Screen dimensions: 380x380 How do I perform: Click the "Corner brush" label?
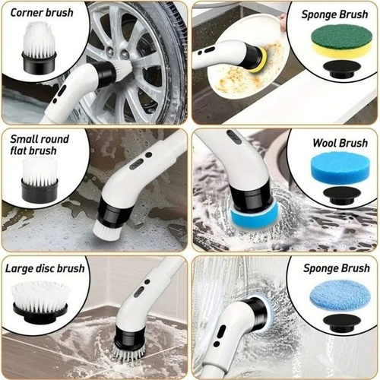pyautogui.click(x=42, y=13)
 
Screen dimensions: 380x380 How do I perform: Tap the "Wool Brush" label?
pyautogui.click(x=340, y=143)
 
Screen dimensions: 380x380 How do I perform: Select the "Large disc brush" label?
pyautogui.click(x=45, y=268)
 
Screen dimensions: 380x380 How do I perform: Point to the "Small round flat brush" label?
pyautogui.click(x=40, y=145)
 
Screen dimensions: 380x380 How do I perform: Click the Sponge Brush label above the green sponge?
pyautogui.click(x=334, y=14)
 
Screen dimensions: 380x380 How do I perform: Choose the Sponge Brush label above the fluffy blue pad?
pyautogui.click(x=337, y=268)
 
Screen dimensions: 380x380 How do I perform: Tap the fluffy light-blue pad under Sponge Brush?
pyautogui.click(x=340, y=296)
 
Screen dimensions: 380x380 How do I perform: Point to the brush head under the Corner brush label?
pyautogui.click(x=39, y=48)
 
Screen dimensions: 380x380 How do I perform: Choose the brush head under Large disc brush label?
pyautogui.click(x=40, y=302)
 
